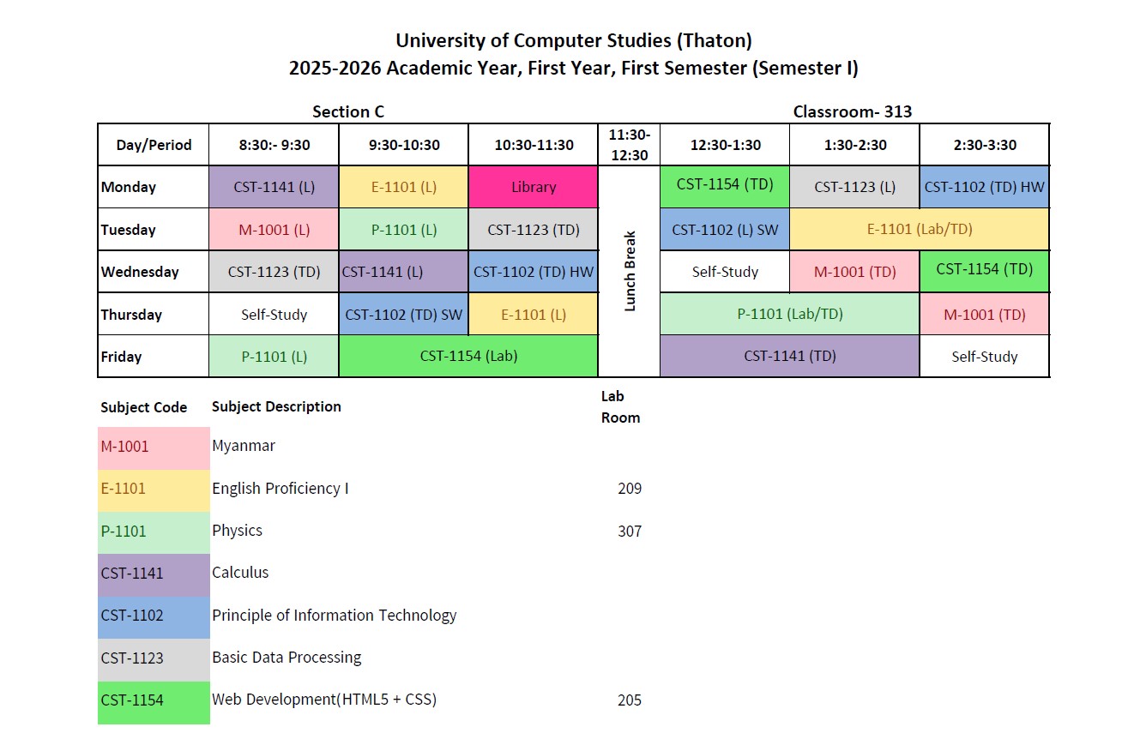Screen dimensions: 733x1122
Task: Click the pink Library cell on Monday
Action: tap(534, 187)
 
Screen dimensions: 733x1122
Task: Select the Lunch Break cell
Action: tap(629, 271)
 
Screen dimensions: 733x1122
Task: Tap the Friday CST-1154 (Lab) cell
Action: tap(468, 356)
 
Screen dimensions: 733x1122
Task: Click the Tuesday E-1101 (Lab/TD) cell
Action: tap(920, 229)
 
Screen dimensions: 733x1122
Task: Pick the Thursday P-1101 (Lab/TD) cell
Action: tap(789, 314)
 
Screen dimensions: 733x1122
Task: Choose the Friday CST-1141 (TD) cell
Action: tap(789, 356)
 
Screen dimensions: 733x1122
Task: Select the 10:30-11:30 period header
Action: tap(534, 145)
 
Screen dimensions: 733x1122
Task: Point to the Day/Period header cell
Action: tap(153, 145)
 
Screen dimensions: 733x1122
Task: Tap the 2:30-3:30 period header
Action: tap(984, 145)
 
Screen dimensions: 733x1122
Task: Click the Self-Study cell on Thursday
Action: tap(274, 314)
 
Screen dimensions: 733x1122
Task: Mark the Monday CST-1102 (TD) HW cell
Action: tap(984, 187)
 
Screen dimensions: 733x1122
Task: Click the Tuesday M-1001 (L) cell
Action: tap(274, 229)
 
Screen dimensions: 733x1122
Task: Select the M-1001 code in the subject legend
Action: tap(124, 446)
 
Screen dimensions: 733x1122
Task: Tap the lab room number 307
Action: tap(630, 531)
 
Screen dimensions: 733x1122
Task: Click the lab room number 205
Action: tap(630, 700)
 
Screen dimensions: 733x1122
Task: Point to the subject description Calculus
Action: tap(240, 573)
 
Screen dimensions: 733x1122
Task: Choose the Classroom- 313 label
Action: tap(852, 111)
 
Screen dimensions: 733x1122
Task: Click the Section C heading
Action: tap(348, 111)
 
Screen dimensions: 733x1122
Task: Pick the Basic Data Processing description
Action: tap(287, 658)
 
